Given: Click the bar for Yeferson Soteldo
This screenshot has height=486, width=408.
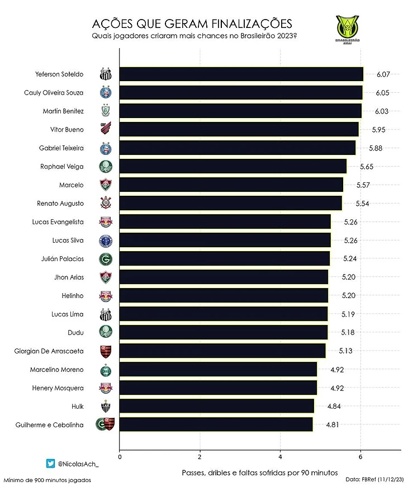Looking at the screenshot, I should (x=241, y=74).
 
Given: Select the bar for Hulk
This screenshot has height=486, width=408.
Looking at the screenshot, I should (x=216, y=406).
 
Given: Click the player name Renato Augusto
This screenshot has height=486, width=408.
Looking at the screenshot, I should (x=60, y=204).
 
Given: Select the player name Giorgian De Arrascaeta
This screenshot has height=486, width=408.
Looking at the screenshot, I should (x=49, y=351).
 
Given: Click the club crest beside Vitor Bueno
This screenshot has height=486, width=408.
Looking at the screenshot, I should (x=106, y=129).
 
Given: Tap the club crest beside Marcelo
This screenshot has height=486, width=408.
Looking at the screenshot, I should (x=106, y=185).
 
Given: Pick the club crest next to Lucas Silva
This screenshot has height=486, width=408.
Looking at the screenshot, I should (x=106, y=240).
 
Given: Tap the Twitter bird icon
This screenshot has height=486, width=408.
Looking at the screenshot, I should (x=51, y=463).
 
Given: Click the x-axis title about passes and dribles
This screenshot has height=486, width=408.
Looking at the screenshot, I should (x=260, y=473).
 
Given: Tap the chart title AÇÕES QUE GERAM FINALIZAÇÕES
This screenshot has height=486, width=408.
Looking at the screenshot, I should (x=192, y=24).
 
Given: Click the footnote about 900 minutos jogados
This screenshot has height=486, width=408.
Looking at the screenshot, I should (x=47, y=480).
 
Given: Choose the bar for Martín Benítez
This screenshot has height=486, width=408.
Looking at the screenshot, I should (x=240, y=111).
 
